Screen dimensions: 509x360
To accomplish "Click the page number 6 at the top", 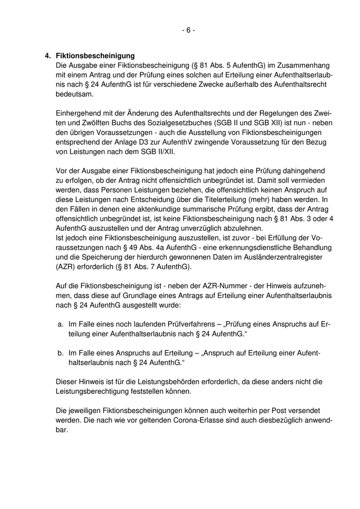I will [x=188, y=30].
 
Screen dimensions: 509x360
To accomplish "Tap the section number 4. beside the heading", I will [x=48, y=56].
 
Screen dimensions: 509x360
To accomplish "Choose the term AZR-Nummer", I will [x=205, y=286].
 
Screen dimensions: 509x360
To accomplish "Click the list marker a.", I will [x=60, y=325].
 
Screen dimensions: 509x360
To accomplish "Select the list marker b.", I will [x=60, y=354].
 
